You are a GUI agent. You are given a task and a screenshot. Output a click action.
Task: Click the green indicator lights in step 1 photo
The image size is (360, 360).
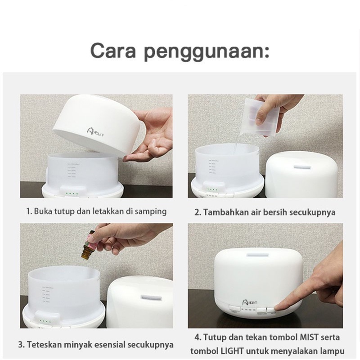point(72,194)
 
